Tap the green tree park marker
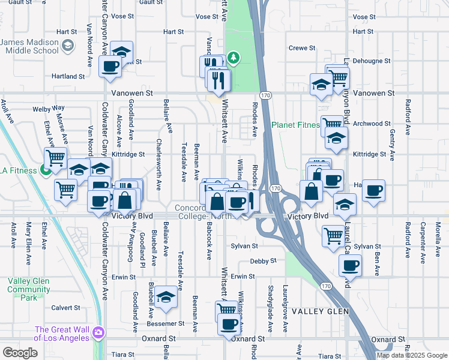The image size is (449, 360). pos(233,58)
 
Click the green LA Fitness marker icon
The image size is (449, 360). pos(46,170)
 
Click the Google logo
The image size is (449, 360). pos(20,352)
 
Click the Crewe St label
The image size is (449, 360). pos(302,48)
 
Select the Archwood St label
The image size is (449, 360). pos(372,124)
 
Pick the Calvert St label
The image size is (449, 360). pos(65,308)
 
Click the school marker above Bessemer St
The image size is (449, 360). pos(166,297)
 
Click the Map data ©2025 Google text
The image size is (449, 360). pos(412,355)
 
